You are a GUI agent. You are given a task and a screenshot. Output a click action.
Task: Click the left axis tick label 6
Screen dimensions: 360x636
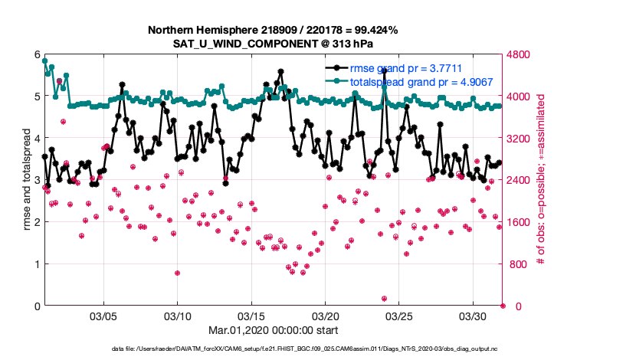pyautogui.click(x=36, y=54)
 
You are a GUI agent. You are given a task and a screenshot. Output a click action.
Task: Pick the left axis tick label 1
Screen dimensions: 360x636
pyautogui.click(x=36, y=264)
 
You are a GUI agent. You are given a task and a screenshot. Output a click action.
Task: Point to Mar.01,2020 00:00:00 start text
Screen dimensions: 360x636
pyautogui.click(x=273, y=330)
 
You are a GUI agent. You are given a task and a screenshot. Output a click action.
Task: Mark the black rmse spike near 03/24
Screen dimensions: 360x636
pyautogui.click(x=384, y=70)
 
